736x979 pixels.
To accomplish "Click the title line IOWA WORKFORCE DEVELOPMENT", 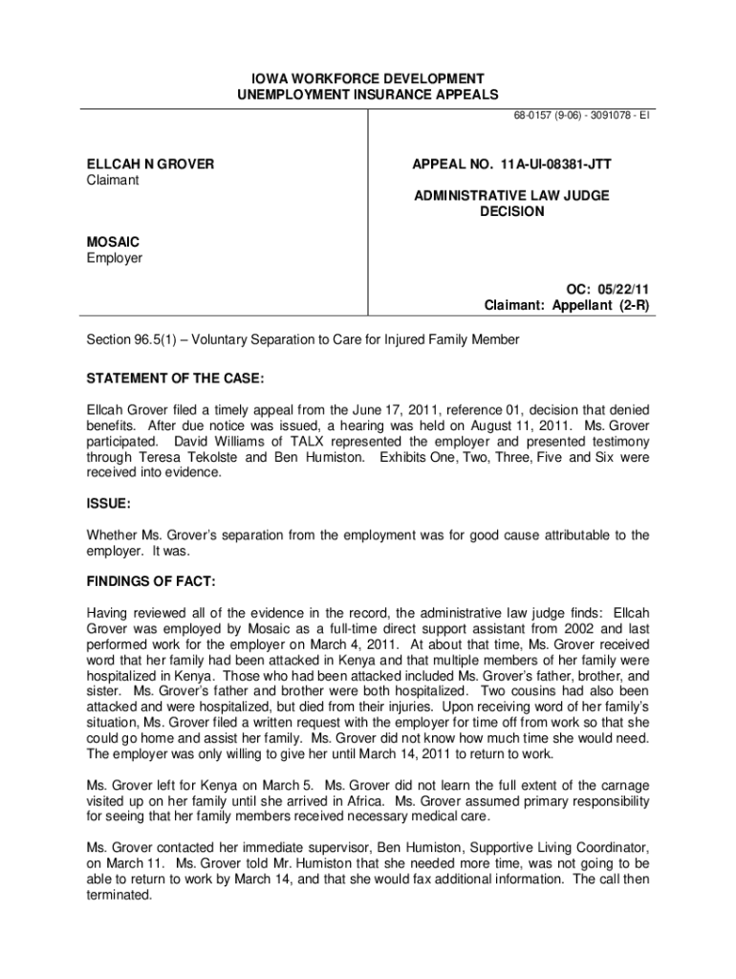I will point(368,77).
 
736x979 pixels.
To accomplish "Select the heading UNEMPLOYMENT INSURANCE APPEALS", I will point(368,94).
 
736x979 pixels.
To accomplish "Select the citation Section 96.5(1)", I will point(126,340).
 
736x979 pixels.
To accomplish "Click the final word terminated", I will point(119,895).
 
